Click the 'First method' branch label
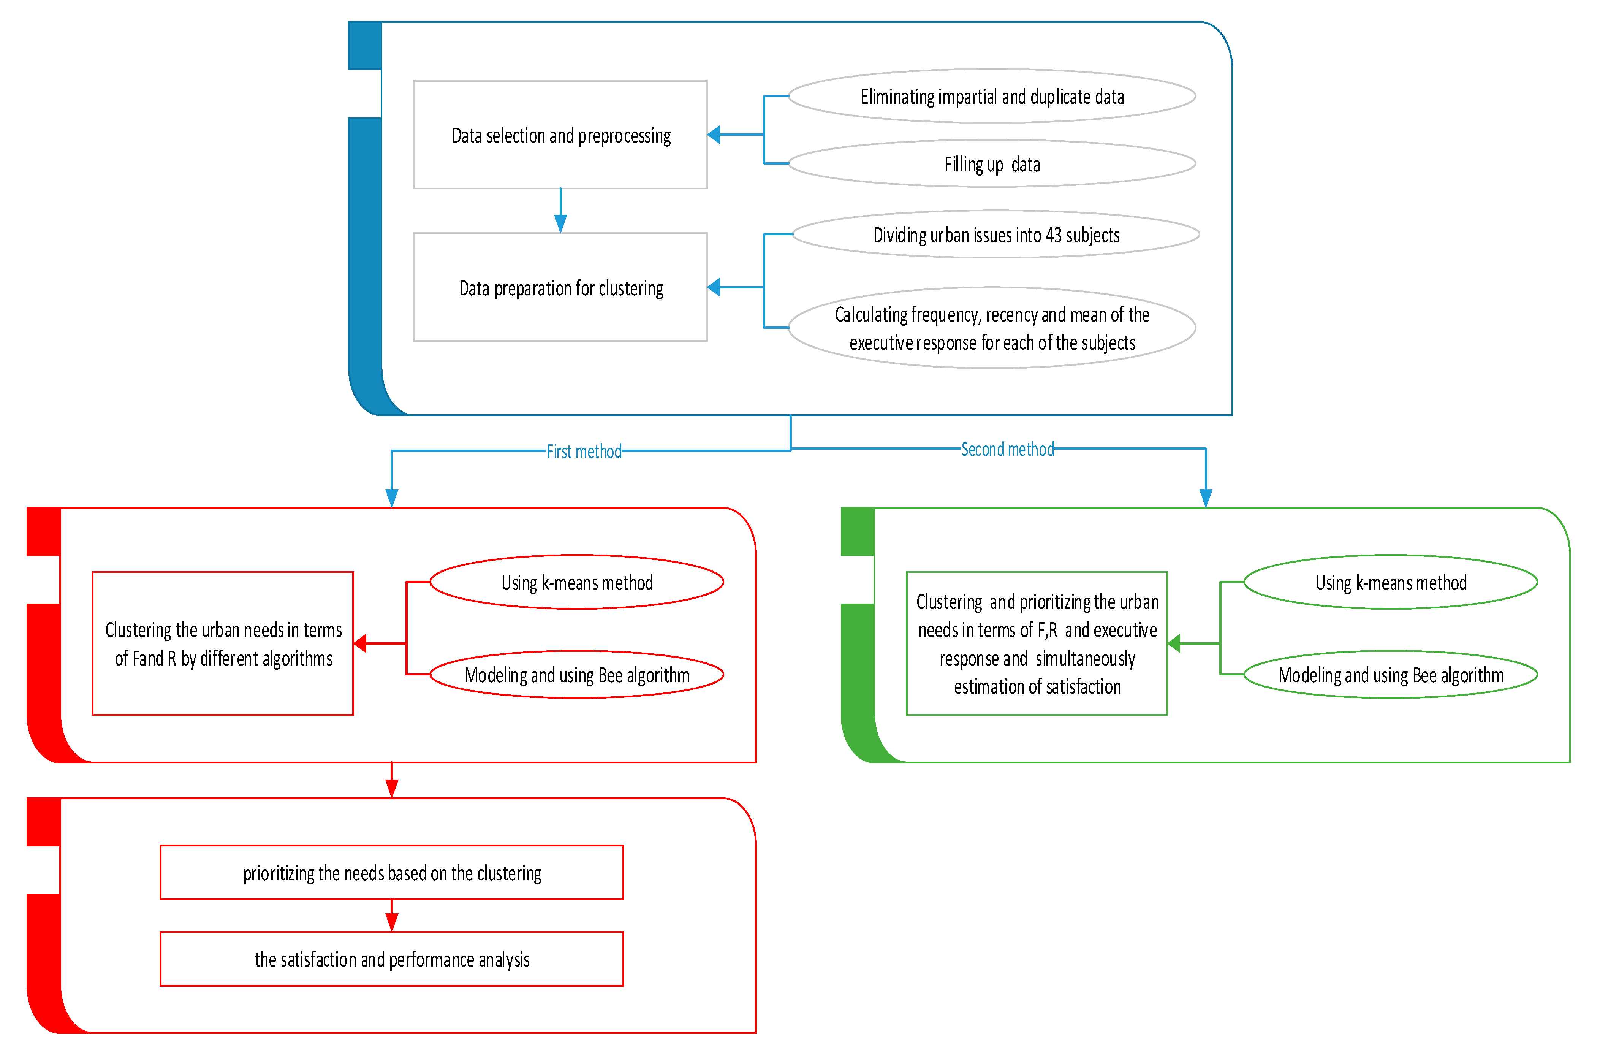[x=584, y=451]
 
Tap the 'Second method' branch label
[x=1007, y=449]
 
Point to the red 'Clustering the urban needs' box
[x=223, y=643]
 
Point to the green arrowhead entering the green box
[x=1174, y=643]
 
